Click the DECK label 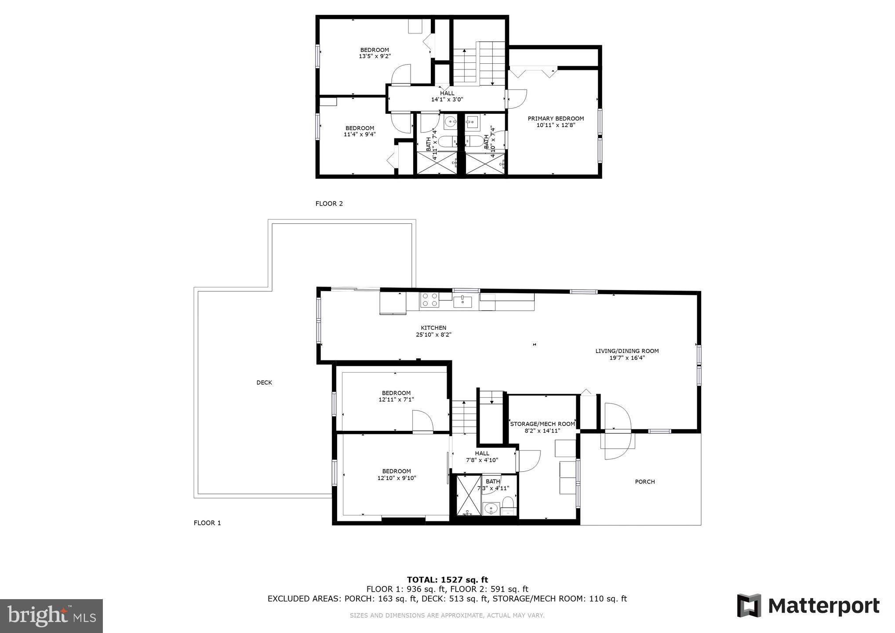[264, 382]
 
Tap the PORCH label [645, 482]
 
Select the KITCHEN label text [433, 328]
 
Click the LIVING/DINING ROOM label [627, 351]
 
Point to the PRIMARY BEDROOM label [556, 119]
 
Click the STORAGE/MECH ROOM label [542, 424]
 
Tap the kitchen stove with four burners [429, 300]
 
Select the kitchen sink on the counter [462, 301]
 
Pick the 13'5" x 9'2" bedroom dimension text [375, 56]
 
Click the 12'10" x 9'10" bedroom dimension [397, 478]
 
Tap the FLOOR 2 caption [329, 204]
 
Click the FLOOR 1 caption [207, 523]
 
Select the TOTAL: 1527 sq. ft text [447, 580]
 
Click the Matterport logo [808, 606]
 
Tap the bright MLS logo [51, 615]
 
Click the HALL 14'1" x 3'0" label [447, 96]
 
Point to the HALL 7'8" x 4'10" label [482, 457]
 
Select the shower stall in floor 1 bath [469, 495]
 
